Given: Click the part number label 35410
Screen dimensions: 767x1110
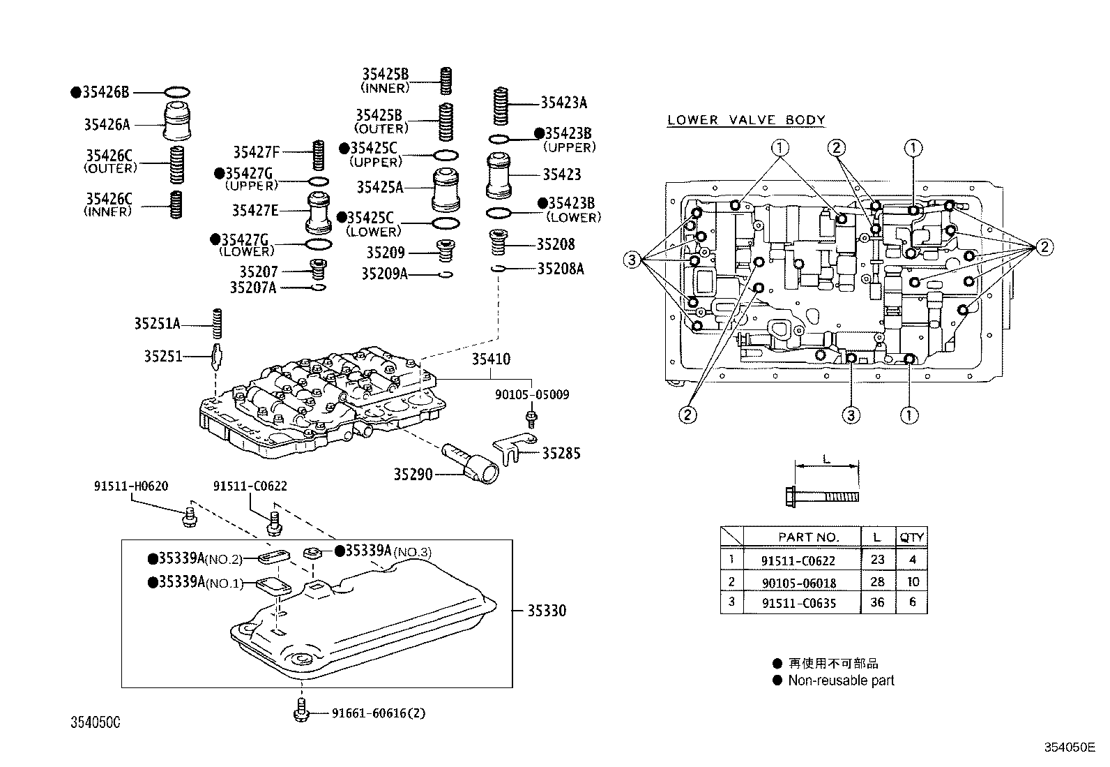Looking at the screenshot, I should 490,359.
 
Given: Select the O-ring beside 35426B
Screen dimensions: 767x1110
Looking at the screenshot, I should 178,91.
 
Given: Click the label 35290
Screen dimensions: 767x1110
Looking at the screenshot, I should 413,475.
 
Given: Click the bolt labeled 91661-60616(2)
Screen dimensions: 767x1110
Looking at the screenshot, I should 301,709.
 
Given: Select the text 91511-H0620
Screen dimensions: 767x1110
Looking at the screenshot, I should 131,486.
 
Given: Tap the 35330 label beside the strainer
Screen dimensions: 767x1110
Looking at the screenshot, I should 546,611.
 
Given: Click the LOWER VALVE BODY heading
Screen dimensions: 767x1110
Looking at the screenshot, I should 746,120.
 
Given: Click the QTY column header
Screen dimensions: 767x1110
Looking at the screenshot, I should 911,537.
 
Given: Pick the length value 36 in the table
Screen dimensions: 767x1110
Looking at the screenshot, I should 877,603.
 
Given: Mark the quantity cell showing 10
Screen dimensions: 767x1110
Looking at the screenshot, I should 912,581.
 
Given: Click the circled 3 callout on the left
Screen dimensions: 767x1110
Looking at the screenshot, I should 631,260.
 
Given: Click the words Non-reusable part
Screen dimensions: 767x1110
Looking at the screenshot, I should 841,680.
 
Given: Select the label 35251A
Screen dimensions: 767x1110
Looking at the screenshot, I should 157,324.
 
